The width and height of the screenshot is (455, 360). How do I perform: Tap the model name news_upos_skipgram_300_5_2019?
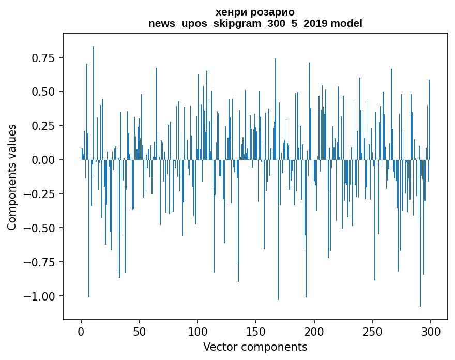tap(238, 24)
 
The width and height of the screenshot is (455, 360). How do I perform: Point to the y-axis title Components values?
tap(11, 177)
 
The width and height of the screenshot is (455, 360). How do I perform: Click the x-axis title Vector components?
tap(255, 347)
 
